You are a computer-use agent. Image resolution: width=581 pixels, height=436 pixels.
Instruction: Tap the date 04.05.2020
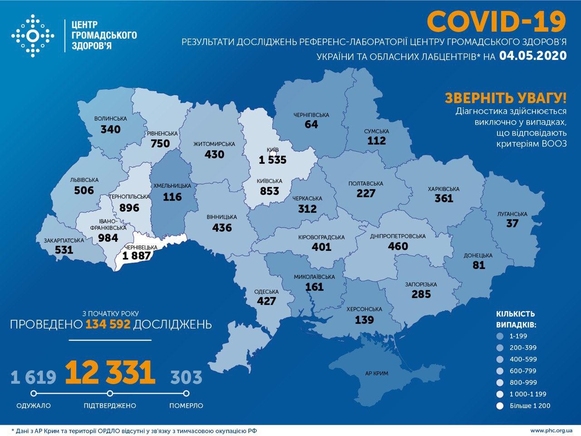(x=533, y=55)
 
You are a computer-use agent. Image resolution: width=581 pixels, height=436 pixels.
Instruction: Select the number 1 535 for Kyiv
(x=273, y=160)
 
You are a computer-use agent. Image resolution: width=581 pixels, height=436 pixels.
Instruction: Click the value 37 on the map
(x=512, y=224)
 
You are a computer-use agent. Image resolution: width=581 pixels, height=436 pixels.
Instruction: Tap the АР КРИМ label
(x=375, y=375)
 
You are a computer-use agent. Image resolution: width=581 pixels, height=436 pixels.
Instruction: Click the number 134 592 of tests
(x=107, y=324)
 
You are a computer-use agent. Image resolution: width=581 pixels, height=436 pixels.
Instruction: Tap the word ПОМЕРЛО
(x=186, y=406)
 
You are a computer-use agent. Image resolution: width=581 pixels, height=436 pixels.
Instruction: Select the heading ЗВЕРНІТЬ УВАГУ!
(x=506, y=98)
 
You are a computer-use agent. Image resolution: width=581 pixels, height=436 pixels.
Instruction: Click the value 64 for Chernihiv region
(x=311, y=125)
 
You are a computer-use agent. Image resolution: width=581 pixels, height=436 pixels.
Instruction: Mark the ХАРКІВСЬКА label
(x=443, y=189)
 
